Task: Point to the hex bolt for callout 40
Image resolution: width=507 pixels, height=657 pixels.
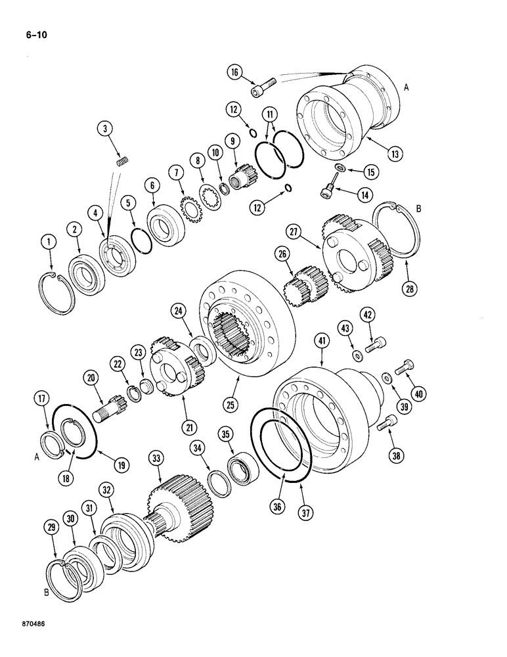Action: click(405, 367)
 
